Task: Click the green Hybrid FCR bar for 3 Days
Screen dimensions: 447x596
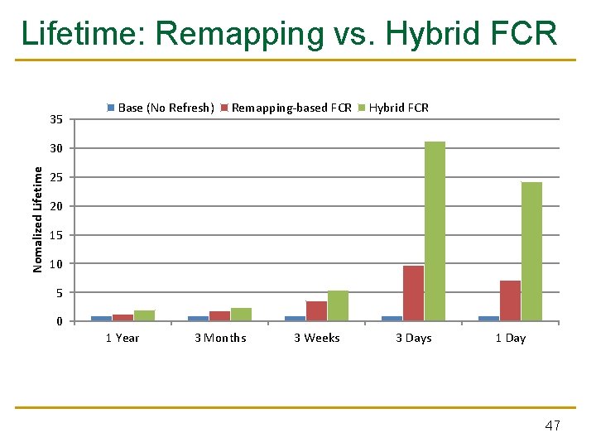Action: [x=435, y=231]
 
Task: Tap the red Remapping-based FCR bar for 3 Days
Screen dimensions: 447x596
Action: [x=413, y=293]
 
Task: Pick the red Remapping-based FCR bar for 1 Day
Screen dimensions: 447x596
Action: [x=510, y=300]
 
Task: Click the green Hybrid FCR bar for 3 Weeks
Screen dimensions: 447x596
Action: [x=338, y=305]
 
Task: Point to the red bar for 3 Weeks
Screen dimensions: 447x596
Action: [x=316, y=310]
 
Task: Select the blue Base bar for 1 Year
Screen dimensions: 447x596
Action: [x=101, y=318]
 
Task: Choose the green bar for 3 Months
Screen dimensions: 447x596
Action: [x=241, y=314]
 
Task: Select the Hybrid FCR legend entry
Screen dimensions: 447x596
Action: [x=398, y=108]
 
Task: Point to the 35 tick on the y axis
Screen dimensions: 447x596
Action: [x=55, y=120]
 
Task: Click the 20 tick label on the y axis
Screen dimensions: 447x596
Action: [x=55, y=206]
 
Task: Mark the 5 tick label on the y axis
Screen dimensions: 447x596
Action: [x=59, y=292]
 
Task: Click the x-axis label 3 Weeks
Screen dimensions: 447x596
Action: [x=317, y=338]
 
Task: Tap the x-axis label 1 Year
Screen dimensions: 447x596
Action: [x=123, y=338]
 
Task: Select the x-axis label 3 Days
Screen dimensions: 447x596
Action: [x=414, y=338]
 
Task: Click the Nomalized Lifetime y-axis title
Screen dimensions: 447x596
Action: [x=38, y=219]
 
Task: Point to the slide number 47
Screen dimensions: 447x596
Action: [x=552, y=425]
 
